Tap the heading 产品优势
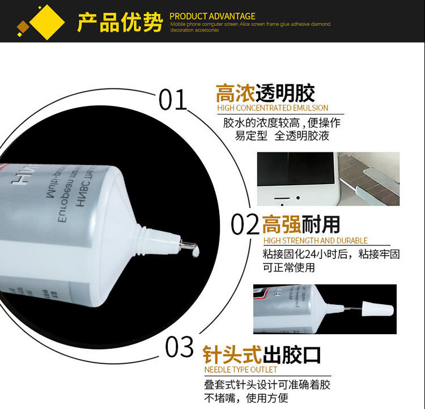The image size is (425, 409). pyautogui.click(x=120, y=22)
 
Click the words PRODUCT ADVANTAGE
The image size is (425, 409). pyautogui.click(x=212, y=16)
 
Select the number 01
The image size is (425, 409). pyautogui.click(x=172, y=100)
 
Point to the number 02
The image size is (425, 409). pyautogui.click(x=245, y=225)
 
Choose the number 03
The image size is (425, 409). pyautogui.click(x=180, y=347)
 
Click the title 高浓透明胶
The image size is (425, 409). pyautogui.click(x=265, y=93)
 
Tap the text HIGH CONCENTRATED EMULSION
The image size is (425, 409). pyautogui.click(x=273, y=108)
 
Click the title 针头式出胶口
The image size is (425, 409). pyautogui.click(x=262, y=355)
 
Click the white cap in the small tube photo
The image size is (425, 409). pyautogui.click(x=379, y=310)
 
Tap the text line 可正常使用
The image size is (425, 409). pyautogui.click(x=288, y=267)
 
